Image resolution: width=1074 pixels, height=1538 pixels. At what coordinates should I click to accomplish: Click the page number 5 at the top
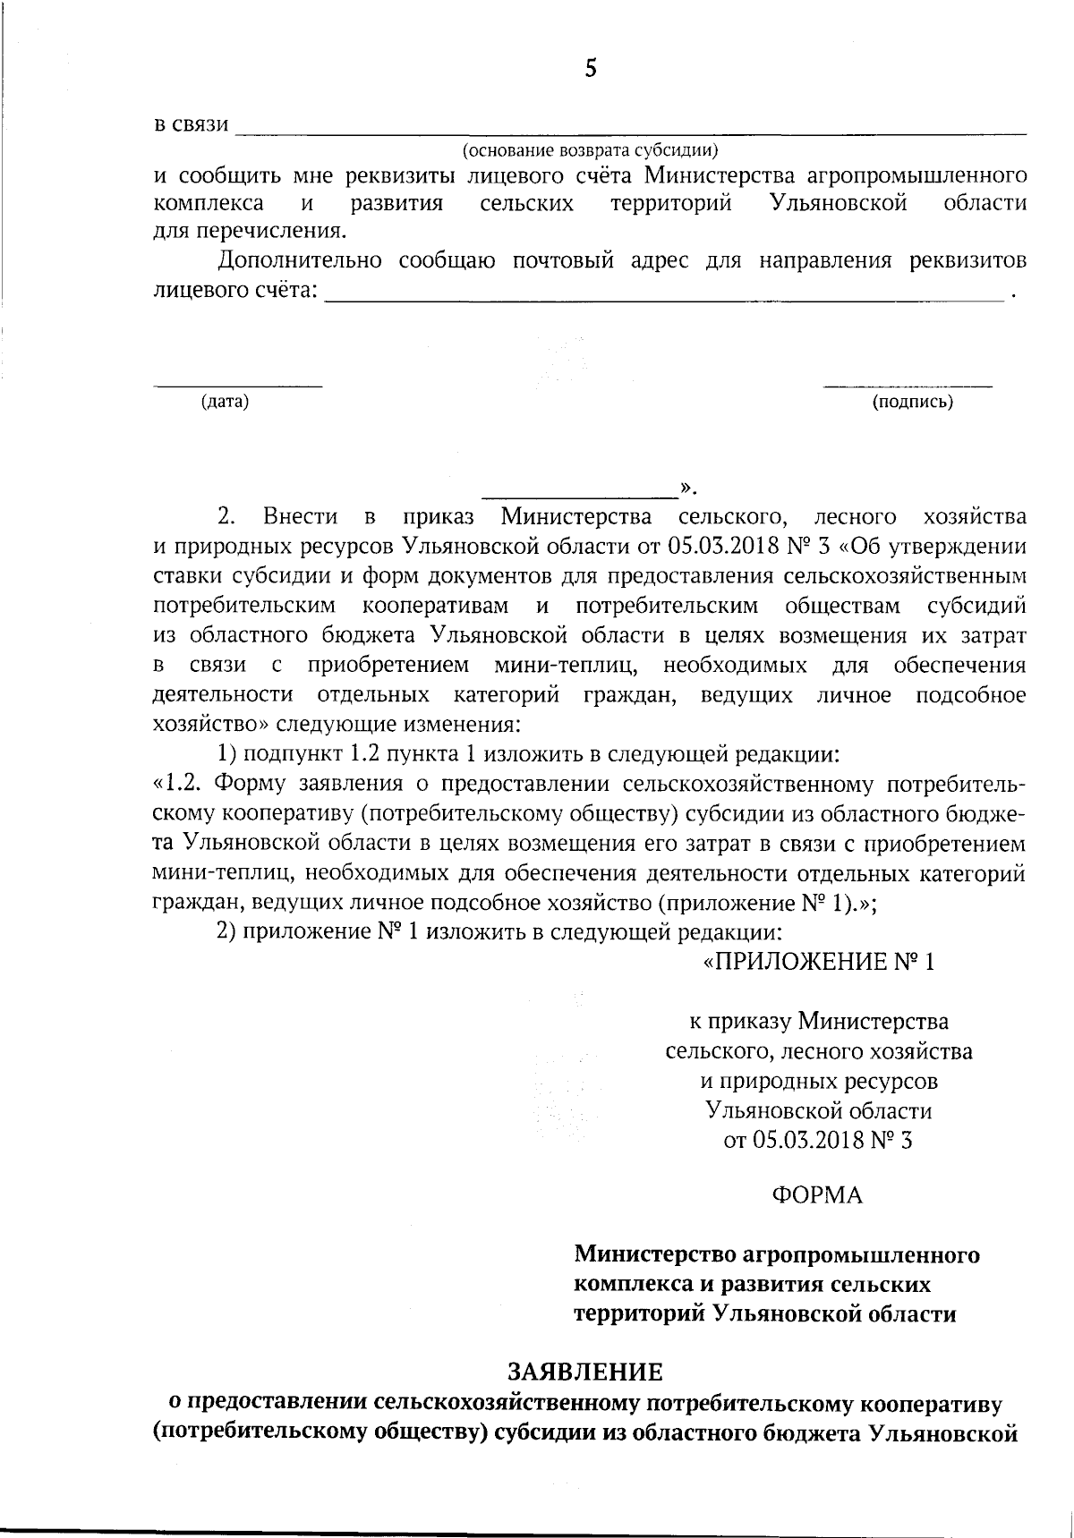pos(590,69)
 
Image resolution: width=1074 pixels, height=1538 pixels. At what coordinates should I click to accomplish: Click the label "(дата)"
pos(225,402)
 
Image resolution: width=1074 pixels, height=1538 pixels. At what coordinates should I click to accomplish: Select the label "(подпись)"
pos(913,402)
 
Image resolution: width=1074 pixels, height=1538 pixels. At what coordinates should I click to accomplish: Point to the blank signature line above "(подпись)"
pos(908,387)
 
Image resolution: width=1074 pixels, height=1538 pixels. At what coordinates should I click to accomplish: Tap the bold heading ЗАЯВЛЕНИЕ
pos(586,1371)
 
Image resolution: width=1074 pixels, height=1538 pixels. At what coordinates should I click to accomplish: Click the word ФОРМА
pos(816,1195)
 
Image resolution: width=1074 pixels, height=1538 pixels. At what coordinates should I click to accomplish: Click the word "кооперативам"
pos(437,606)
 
